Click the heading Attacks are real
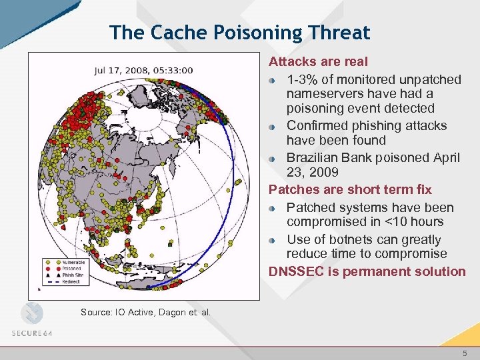[x=318, y=62]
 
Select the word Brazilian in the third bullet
[x=315, y=157]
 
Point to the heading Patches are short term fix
[x=350, y=190]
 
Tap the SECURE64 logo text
[x=31, y=333]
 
